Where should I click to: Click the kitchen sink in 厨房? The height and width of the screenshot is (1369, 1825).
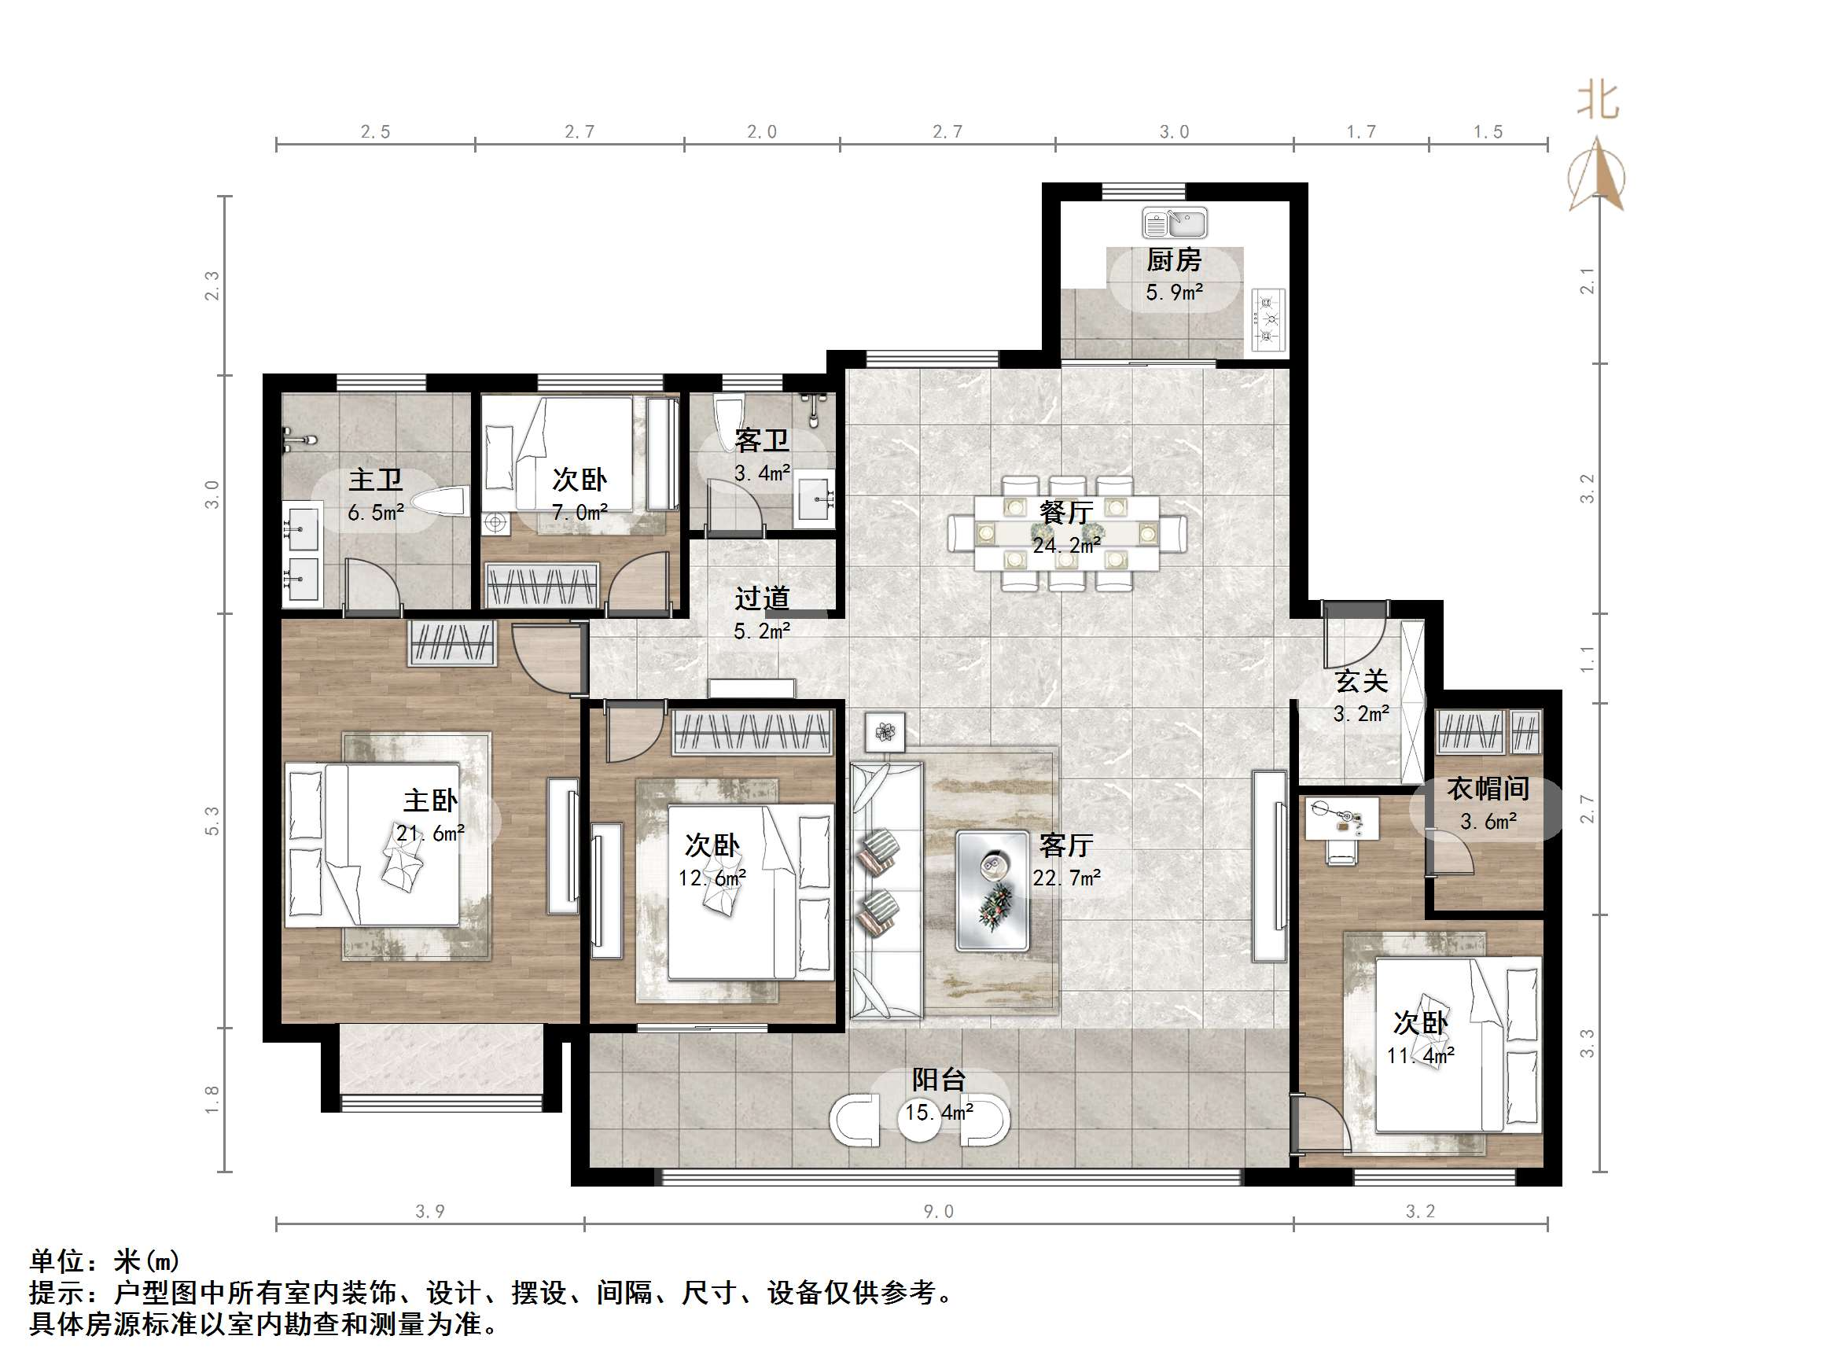pyautogui.click(x=1174, y=223)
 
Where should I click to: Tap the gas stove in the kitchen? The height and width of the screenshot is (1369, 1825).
pyautogui.click(x=1269, y=319)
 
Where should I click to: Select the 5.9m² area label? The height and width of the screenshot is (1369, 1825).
pyautogui.click(x=1174, y=292)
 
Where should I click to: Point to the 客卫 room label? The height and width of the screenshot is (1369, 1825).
pyautogui.click(x=761, y=440)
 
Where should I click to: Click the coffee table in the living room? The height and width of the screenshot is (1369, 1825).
pyautogui.click(x=992, y=890)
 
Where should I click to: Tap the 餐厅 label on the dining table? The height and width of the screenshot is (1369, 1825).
pyautogui.click(x=1066, y=513)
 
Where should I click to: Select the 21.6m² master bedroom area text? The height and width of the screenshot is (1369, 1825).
pyautogui.click(x=430, y=834)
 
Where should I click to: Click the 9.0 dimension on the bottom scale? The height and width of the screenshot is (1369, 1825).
pyautogui.click(x=938, y=1212)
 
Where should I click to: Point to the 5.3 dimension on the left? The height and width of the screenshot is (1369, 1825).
pyautogui.click(x=213, y=820)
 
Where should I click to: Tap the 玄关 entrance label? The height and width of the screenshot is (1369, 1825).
pyautogui.click(x=1361, y=682)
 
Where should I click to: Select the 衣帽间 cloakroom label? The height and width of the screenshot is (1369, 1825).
pyautogui.click(x=1488, y=789)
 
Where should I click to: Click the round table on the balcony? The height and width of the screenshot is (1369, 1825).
pyautogui.click(x=918, y=1120)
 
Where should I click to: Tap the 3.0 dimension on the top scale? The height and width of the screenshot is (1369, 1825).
pyautogui.click(x=1173, y=132)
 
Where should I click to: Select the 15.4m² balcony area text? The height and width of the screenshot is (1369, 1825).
pyautogui.click(x=939, y=1113)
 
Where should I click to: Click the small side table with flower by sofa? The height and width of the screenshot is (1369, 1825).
pyautogui.click(x=885, y=732)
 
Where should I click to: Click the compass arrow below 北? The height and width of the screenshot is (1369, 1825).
pyautogui.click(x=1597, y=178)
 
